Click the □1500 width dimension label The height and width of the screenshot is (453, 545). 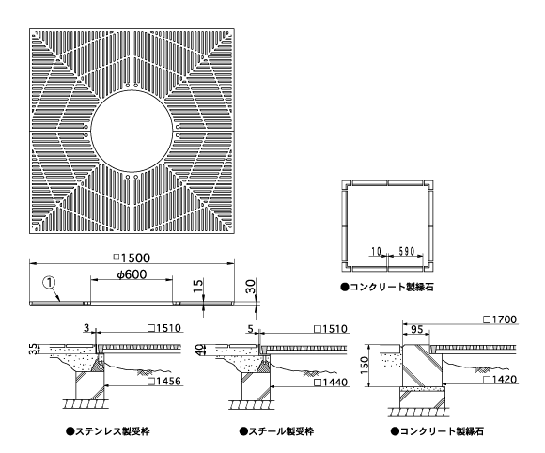coord(132,258)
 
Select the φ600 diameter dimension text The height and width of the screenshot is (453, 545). coord(132,274)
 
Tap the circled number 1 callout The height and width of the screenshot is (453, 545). coord(49,283)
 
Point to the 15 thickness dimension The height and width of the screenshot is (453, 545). coord(197,286)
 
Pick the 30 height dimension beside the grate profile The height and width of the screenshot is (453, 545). coord(250,287)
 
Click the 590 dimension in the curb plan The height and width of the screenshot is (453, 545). coord(407,251)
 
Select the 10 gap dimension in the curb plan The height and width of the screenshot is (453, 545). coord(377,251)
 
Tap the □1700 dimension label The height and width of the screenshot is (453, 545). coord(500,320)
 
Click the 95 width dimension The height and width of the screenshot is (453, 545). coord(417,329)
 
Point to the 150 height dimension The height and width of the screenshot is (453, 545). coord(365,365)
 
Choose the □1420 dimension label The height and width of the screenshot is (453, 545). coord(500,379)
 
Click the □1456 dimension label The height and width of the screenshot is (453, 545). coord(164,381)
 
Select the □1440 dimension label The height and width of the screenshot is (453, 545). coord(331,383)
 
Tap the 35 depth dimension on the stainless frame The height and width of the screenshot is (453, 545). coord(33,349)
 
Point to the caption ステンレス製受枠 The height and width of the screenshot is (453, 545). coord(108,431)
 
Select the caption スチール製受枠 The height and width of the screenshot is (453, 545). coord(276,431)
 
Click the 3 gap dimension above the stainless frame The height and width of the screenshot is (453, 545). coord(86,327)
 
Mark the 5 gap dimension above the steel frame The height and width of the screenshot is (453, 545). coord(251,328)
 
